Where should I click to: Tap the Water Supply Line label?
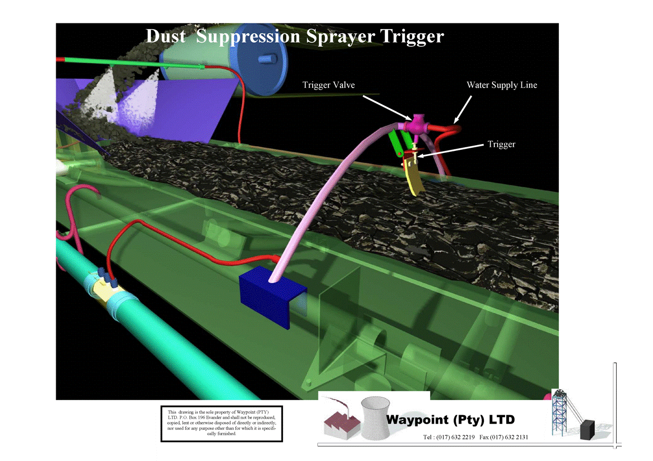(502, 85)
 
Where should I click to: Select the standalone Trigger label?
(501, 144)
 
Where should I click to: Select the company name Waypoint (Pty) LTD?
(450, 420)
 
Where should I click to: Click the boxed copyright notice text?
(222, 424)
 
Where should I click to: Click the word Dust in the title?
(165, 36)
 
